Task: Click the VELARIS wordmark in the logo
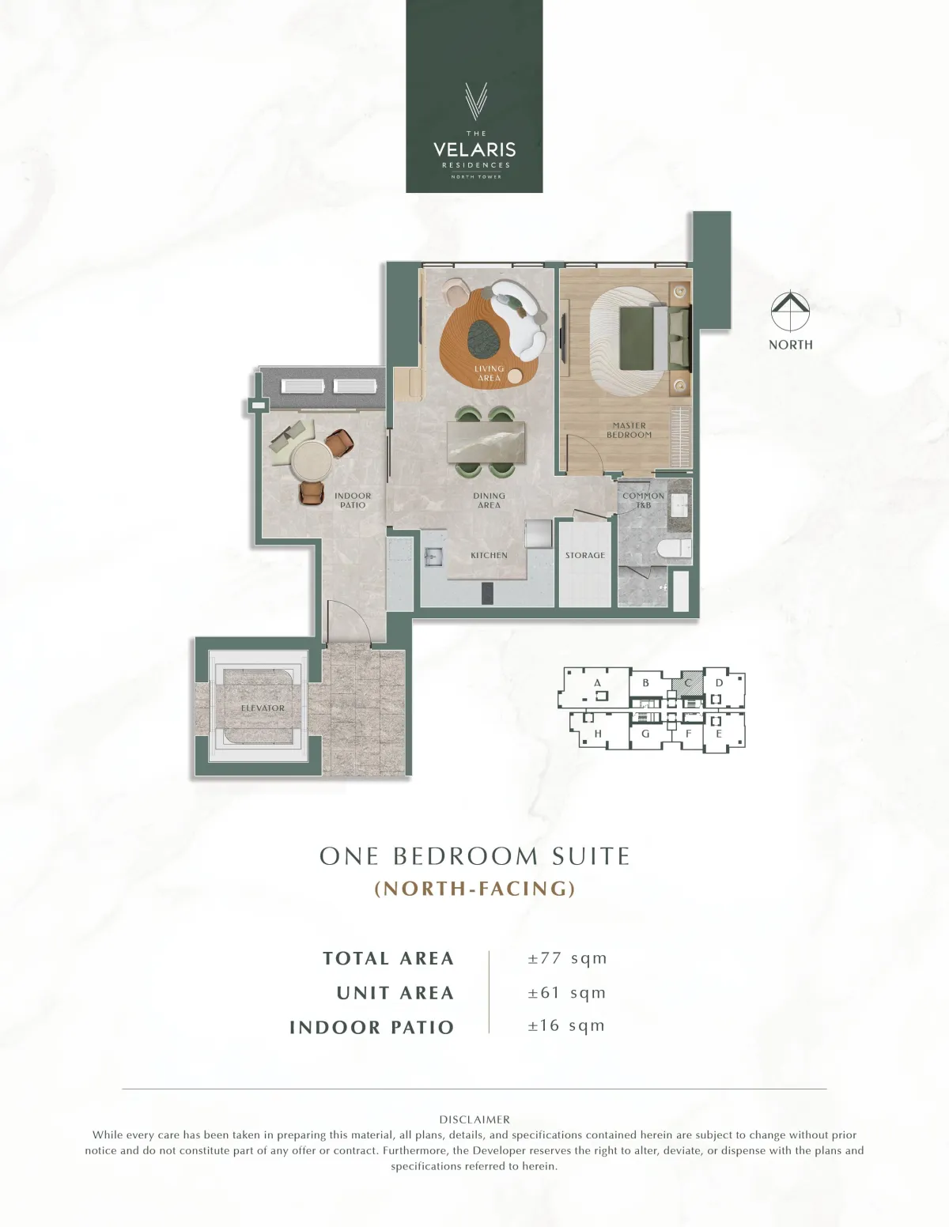point(475,149)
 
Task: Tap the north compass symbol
point(790,311)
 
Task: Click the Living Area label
point(489,372)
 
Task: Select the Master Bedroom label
point(629,430)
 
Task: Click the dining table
point(486,442)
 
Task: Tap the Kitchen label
point(489,555)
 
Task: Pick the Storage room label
point(585,555)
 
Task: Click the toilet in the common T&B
point(675,547)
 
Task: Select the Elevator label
point(263,708)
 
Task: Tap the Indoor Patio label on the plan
point(353,500)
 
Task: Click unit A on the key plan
point(597,682)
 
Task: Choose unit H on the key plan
point(598,734)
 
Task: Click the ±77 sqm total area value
point(567,958)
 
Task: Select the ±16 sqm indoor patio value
point(566,1025)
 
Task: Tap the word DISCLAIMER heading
point(475,1119)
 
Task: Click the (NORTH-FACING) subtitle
point(475,889)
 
